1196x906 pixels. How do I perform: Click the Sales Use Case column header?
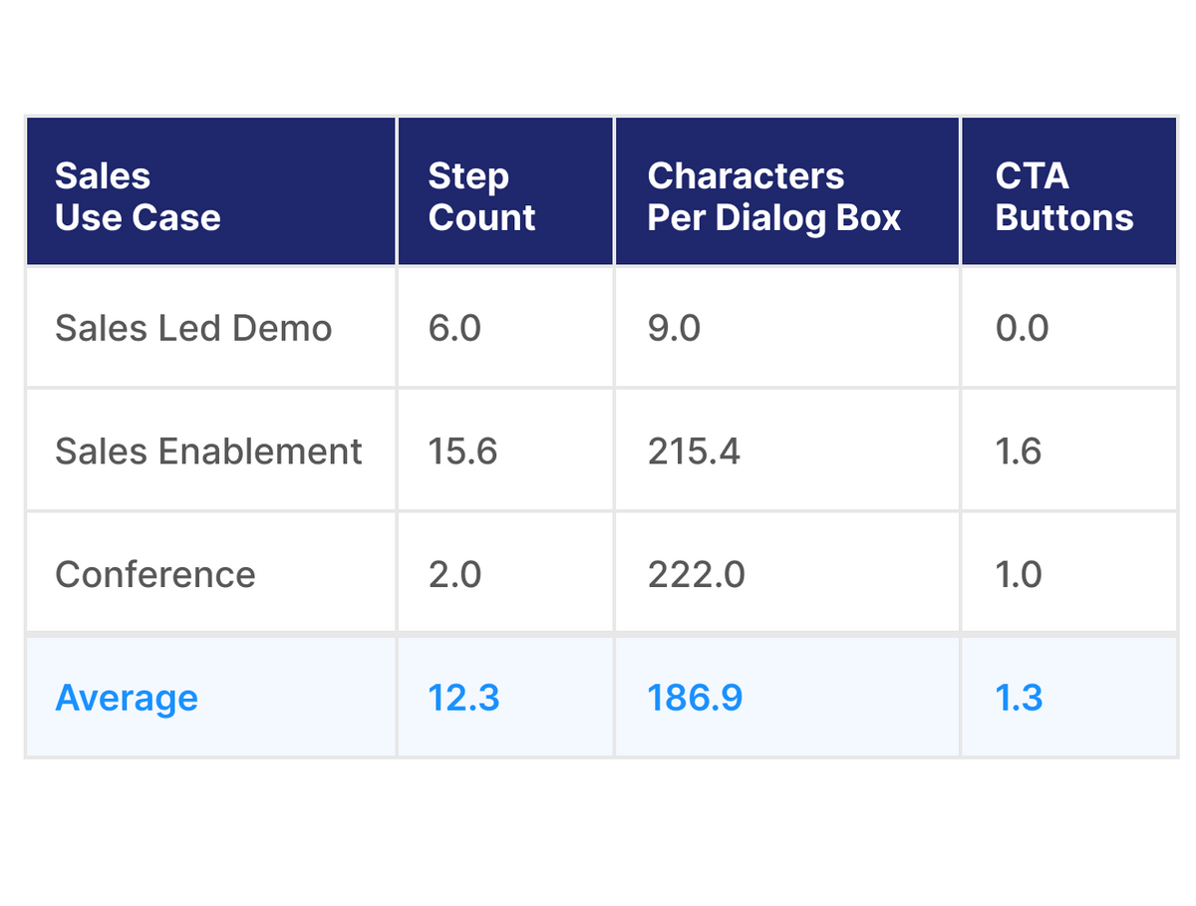pyautogui.click(x=138, y=196)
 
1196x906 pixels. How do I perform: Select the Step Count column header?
pyautogui.click(x=481, y=196)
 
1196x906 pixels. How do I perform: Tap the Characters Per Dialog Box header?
pyautogui.click(x=773, y=196)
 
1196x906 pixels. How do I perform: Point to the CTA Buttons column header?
pyautogui.click(x=1063, y=196)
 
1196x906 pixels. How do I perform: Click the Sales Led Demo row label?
pyautogui.click(x=193, y=328)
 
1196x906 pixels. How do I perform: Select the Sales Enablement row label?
pyautogui.click(x=208, y=452)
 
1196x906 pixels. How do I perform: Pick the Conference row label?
pyautogui.click(x=155, y=574)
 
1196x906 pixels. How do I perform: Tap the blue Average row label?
pyautogui.click(x=127, y=698)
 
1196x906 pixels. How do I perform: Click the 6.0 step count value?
pyautogui.click(x=454, y=328)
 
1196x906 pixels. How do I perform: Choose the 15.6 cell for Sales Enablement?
pyautogui.click(x=462, y=452)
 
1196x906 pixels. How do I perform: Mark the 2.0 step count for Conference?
pyautogui.click(x=454, y=574)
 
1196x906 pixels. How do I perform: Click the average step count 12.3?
pyautogui.click(x=463, y=698)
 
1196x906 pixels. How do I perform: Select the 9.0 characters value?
pyautogui.click(x=674, y=328)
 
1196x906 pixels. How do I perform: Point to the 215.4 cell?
pyautogui.click(x=694, y=452)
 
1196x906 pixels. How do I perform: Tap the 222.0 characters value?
pyautogui.click(x=696, y=574)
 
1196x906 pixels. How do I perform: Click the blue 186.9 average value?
pyautogui.click(x=695, y=698)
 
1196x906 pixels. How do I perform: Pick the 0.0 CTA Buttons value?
pyautogui.click(x=1022, y=328)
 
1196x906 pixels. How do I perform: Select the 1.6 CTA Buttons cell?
pyautogui.click(x=1018, y=452)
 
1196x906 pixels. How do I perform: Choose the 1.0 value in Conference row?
pyautogui.click(x=1018, y=574)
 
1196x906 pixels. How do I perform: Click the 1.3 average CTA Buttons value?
pyautogui.click(x=1019, y=698)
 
